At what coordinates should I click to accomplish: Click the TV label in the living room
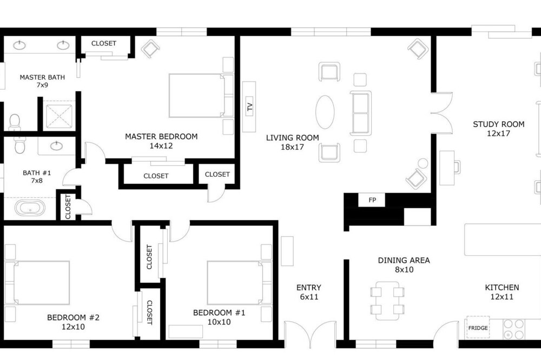point(250,107)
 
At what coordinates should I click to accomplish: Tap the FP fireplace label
point(372,200)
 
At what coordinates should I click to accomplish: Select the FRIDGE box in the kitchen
point(478,328)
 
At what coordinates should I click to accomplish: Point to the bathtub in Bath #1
point(30,209)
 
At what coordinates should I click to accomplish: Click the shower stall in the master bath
point(59,116)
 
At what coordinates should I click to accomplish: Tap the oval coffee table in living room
point(325,112)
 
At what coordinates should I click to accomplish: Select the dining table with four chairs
point(387,301)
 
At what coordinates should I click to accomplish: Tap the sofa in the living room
point(360,113)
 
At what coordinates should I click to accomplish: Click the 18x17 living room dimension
point(292,147)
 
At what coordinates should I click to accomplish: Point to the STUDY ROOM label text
point(499,124)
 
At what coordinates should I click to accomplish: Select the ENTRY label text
point(309,288)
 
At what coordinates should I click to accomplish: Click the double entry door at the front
point(310,333)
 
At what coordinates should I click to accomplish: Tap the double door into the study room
point(442,113)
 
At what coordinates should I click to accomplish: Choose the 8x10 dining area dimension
point(404,270)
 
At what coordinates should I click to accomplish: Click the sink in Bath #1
point(57,146)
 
